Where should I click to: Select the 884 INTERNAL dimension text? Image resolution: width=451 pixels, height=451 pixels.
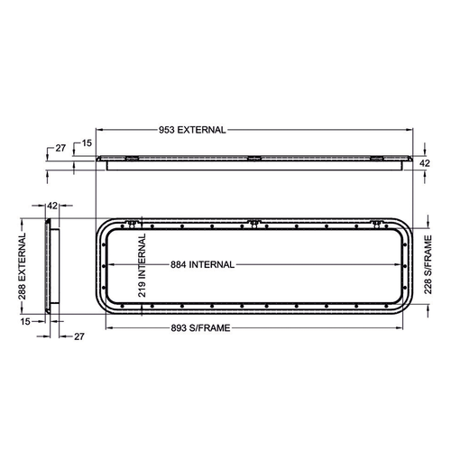tap(203, 264)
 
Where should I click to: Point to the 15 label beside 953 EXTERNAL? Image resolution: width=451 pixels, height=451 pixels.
tap(87, 143)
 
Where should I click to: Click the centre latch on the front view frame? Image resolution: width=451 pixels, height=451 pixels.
tap(254, 221)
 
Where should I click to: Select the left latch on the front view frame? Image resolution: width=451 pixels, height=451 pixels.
tap(133, 221)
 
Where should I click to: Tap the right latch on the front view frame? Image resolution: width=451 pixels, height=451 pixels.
tap(377, 221)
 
